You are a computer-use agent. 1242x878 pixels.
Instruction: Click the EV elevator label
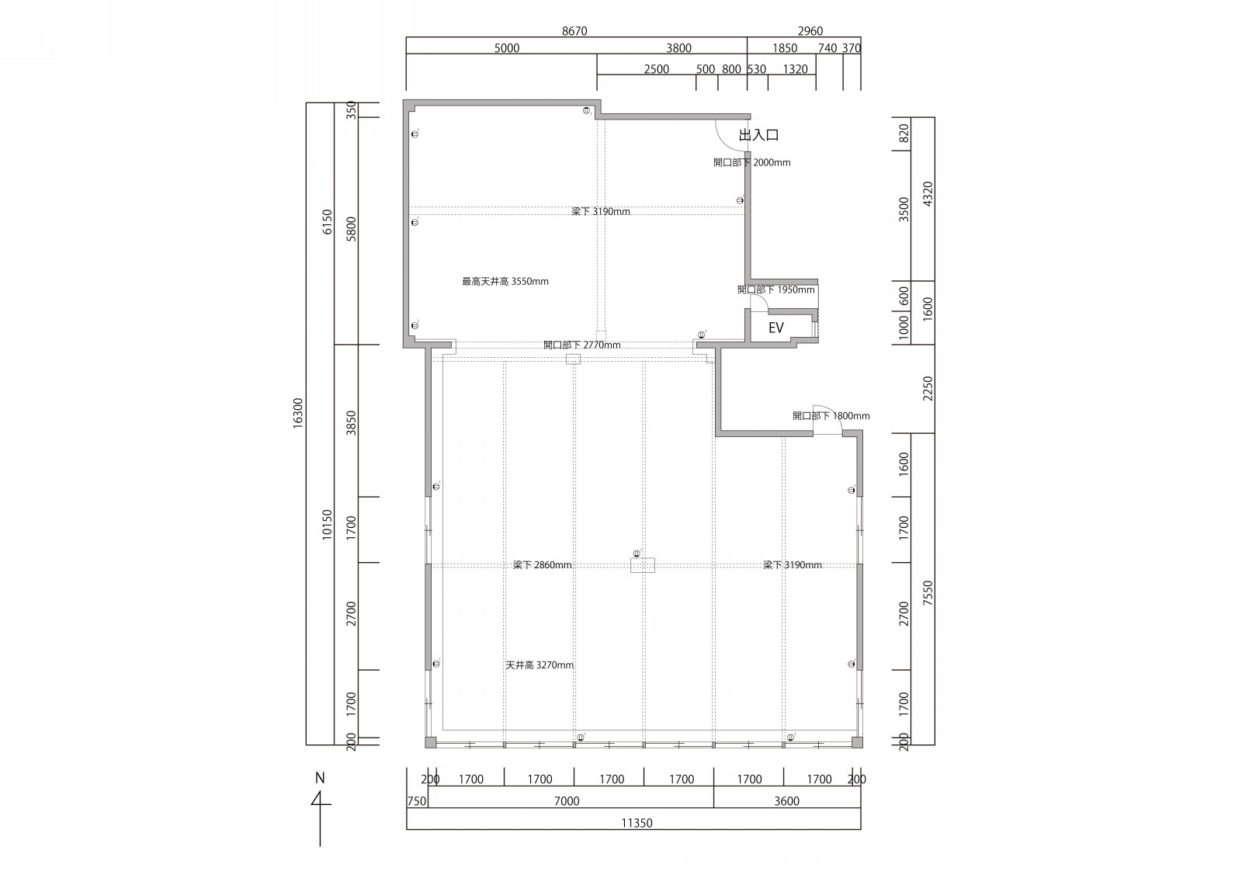[x=775, y=328]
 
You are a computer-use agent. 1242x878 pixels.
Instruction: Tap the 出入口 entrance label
[x=758, y=135]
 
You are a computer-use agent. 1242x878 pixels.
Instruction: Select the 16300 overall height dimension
[x=298, y=413]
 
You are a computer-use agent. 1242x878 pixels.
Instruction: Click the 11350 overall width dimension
[x=637, y=823]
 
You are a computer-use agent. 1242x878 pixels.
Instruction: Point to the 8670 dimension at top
[x=574, y=31]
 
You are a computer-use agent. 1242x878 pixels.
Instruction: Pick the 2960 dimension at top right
[x=810, y=31]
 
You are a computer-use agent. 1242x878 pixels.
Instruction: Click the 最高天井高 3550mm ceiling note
[x=505, y=281]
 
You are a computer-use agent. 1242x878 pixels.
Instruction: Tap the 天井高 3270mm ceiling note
[x=539, y=665]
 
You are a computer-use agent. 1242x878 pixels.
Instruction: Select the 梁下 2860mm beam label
[x=543, y=564]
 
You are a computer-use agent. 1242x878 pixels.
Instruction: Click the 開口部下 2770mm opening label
[x=582, y=345]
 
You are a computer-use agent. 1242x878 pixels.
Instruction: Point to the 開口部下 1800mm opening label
[x=831, y=415]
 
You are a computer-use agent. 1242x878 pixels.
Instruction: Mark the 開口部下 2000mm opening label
[x=752, y=162]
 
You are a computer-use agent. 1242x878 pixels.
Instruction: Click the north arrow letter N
[x=320, y=778]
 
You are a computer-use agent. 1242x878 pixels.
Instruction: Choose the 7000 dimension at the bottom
[x=567, y=801]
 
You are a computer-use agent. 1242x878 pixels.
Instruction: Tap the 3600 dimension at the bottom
[x=787, y=801]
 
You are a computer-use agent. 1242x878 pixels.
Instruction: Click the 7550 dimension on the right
[x=928, y=592]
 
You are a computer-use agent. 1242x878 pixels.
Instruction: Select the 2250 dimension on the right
[x=928, y=388]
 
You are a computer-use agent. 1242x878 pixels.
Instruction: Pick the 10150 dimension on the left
[x=327, y=524]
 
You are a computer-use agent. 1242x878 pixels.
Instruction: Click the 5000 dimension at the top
[x=507, y=48]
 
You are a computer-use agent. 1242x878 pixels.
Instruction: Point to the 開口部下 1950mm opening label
[x=776, y=290]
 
